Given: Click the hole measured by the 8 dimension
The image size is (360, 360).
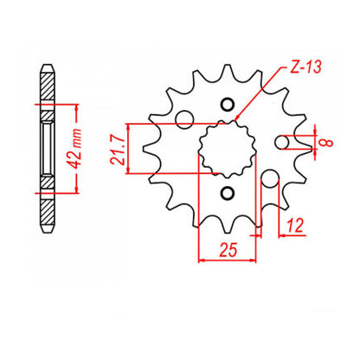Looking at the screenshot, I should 282,143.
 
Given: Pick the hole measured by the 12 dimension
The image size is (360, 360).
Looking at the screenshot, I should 269,180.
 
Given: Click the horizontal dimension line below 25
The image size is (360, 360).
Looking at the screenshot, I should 228,258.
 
